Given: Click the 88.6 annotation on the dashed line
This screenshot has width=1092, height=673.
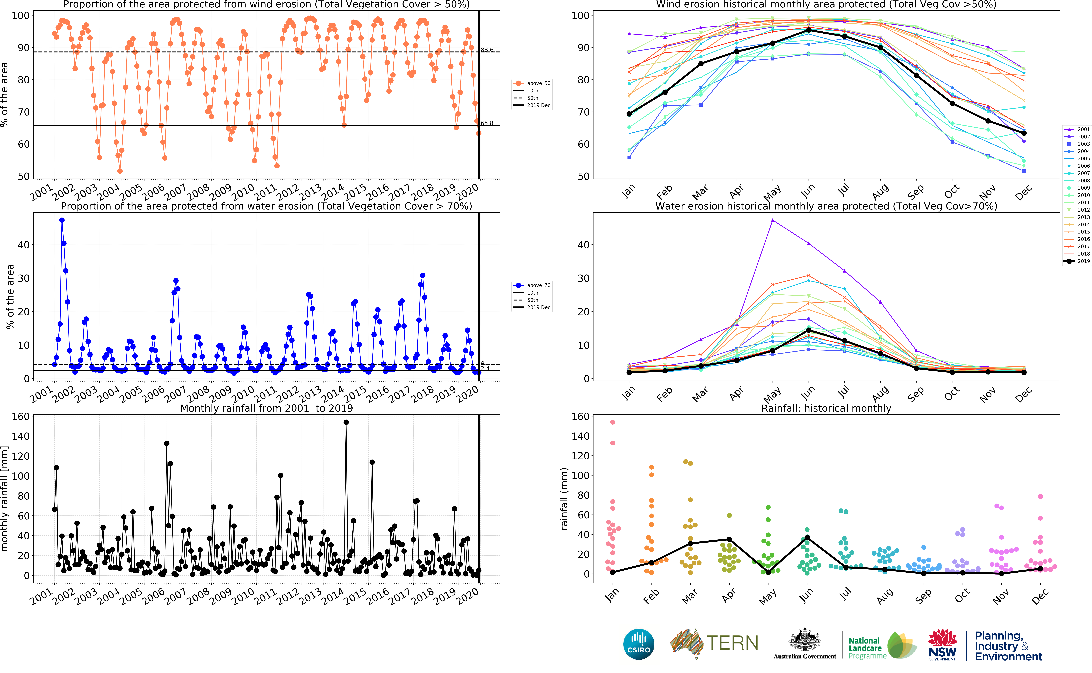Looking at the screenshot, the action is click(x=487, y=50).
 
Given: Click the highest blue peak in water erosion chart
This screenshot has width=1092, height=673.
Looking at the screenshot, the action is click(x=62, y=220).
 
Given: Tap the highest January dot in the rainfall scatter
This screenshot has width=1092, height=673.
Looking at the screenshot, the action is click(x=613, y=422).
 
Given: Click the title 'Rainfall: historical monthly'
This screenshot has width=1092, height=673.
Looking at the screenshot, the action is click(x=826, y=408).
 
